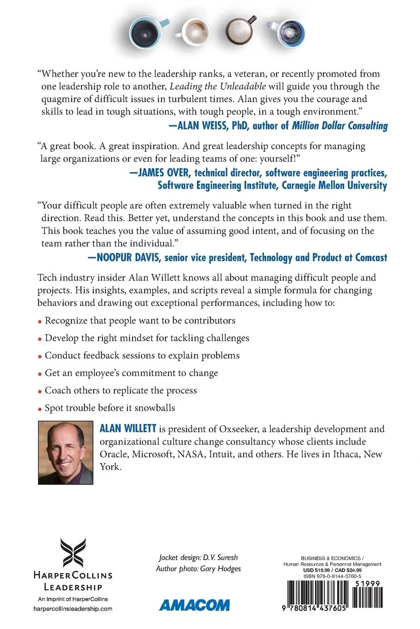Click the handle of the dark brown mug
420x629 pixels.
pos(252,20)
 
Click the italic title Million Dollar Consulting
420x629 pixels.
pos(339,126)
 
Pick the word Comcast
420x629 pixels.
pos(371,258)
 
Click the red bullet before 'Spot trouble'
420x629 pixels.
pos(40,409)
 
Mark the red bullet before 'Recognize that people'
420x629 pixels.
pos(40,321)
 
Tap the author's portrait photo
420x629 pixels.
pos(65,452)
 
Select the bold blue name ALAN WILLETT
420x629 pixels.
pos(128,429)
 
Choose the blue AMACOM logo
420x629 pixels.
pos(194,605)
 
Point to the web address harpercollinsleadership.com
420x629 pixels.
pos(73,609)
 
